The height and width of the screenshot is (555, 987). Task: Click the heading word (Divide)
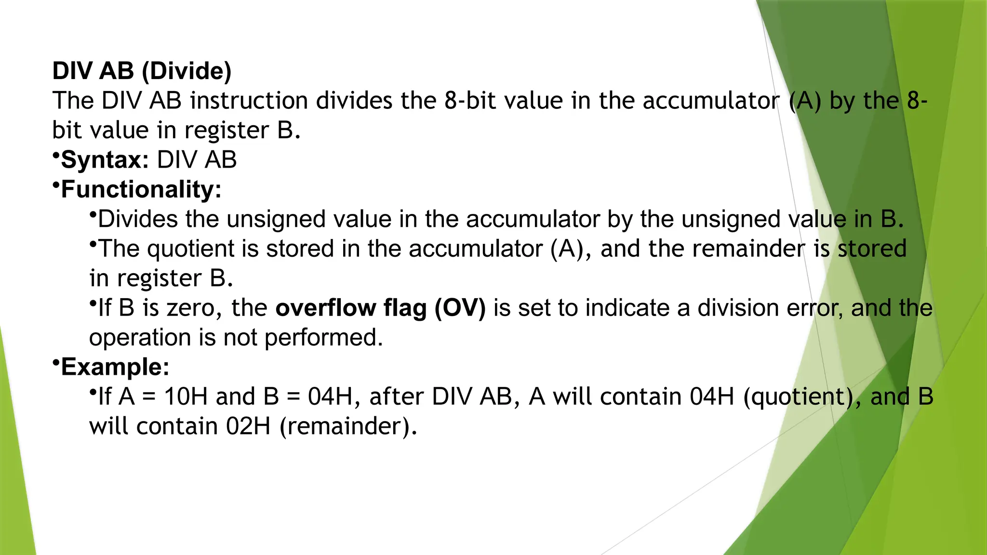coord(187,71)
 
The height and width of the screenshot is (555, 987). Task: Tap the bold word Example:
coord(115,367)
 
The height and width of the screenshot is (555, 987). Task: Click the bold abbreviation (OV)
coord(460,308)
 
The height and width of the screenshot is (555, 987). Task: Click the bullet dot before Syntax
coord(56,155)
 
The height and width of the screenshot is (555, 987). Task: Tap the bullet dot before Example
coord(56,362)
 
